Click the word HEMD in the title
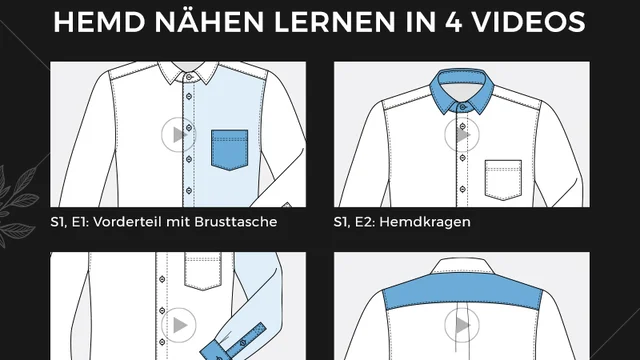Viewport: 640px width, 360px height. coord(99,22)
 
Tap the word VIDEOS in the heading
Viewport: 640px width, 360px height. coord(529,22)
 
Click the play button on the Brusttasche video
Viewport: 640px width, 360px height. coord(178,135)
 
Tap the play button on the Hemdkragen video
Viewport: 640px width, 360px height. coord(462,135)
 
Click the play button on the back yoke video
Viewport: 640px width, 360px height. coord(462,325)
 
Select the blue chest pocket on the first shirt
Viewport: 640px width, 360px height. coord(229,149)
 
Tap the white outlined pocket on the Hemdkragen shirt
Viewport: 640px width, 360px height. coord(503,180)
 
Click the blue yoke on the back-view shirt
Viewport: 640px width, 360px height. coord(462,291)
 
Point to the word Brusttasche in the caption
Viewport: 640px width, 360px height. coord(236,222)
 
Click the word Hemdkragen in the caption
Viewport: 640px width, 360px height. coord(427,222)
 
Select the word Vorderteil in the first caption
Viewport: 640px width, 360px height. coord(128,222)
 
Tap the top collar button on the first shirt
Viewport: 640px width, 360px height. coord(189,77)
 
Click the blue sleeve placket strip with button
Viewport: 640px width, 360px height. coord(246,340)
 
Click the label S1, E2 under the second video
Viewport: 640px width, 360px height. coord(356,222)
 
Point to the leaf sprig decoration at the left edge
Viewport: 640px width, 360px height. coord(17,204)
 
